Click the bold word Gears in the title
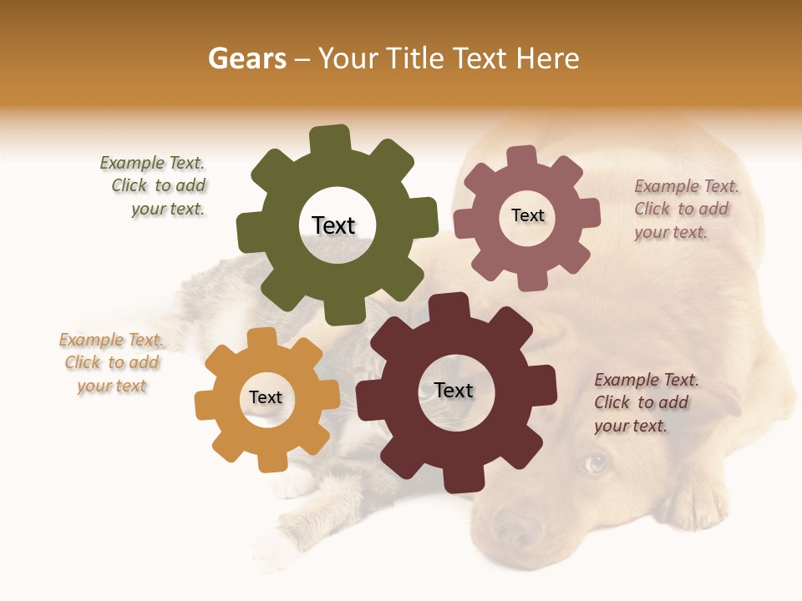pos(246,58)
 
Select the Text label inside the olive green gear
pos(333,225)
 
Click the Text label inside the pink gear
pos(527,215)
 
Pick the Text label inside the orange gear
pos(266,397)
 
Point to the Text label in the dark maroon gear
pos(454,390)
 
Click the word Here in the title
pos(548,58)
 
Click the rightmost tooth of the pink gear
pos(589,213)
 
